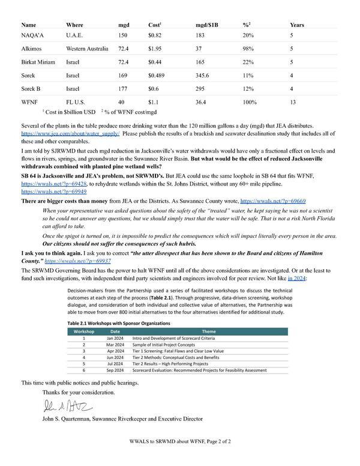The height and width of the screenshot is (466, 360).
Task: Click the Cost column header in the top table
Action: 154,25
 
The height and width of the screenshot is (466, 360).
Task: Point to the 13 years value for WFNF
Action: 293,102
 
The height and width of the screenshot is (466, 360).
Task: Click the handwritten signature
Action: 60,407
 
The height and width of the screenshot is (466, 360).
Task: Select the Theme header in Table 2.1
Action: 209,331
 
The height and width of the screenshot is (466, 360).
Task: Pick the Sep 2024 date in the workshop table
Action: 115,371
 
